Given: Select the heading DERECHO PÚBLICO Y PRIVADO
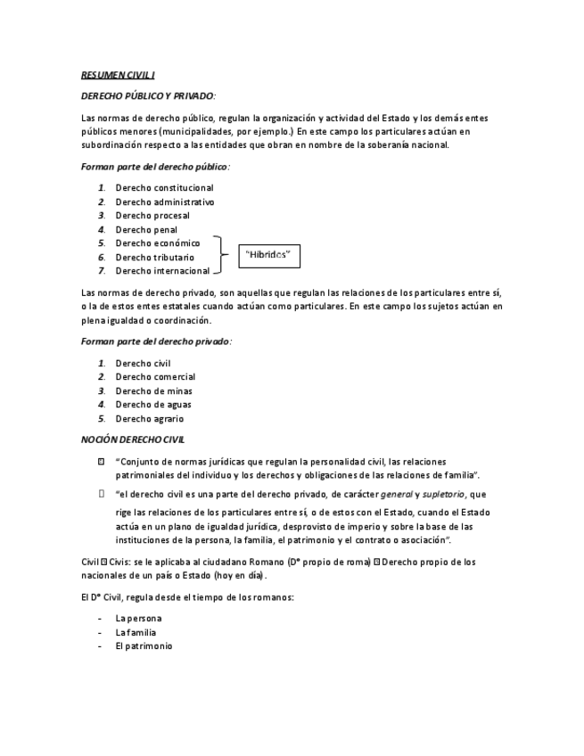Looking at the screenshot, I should coord(148,96).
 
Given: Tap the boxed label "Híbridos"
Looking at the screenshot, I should coord(267,255).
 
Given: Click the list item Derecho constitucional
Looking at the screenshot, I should coord(163,188).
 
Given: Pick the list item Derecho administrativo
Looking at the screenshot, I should coord(164,201).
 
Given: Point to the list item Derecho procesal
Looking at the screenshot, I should coord(152,216).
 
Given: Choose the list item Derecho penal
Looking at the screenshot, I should coord(145,230).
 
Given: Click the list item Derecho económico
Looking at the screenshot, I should coord(157,243).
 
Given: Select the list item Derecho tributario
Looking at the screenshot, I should coord(154,258).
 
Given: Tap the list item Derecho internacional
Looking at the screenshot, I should coord(161,271).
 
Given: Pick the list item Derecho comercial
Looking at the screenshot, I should coord(154,377).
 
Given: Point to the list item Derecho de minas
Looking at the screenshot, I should coord(152,391).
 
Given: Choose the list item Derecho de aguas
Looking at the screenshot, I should coord(152,405).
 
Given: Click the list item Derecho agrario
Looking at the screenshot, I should coord(149,419).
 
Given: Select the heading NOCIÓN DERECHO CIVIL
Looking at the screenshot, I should coord(133,440).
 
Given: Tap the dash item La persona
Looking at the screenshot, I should coord(138,619).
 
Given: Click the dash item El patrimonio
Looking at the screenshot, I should coord(144,646).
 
